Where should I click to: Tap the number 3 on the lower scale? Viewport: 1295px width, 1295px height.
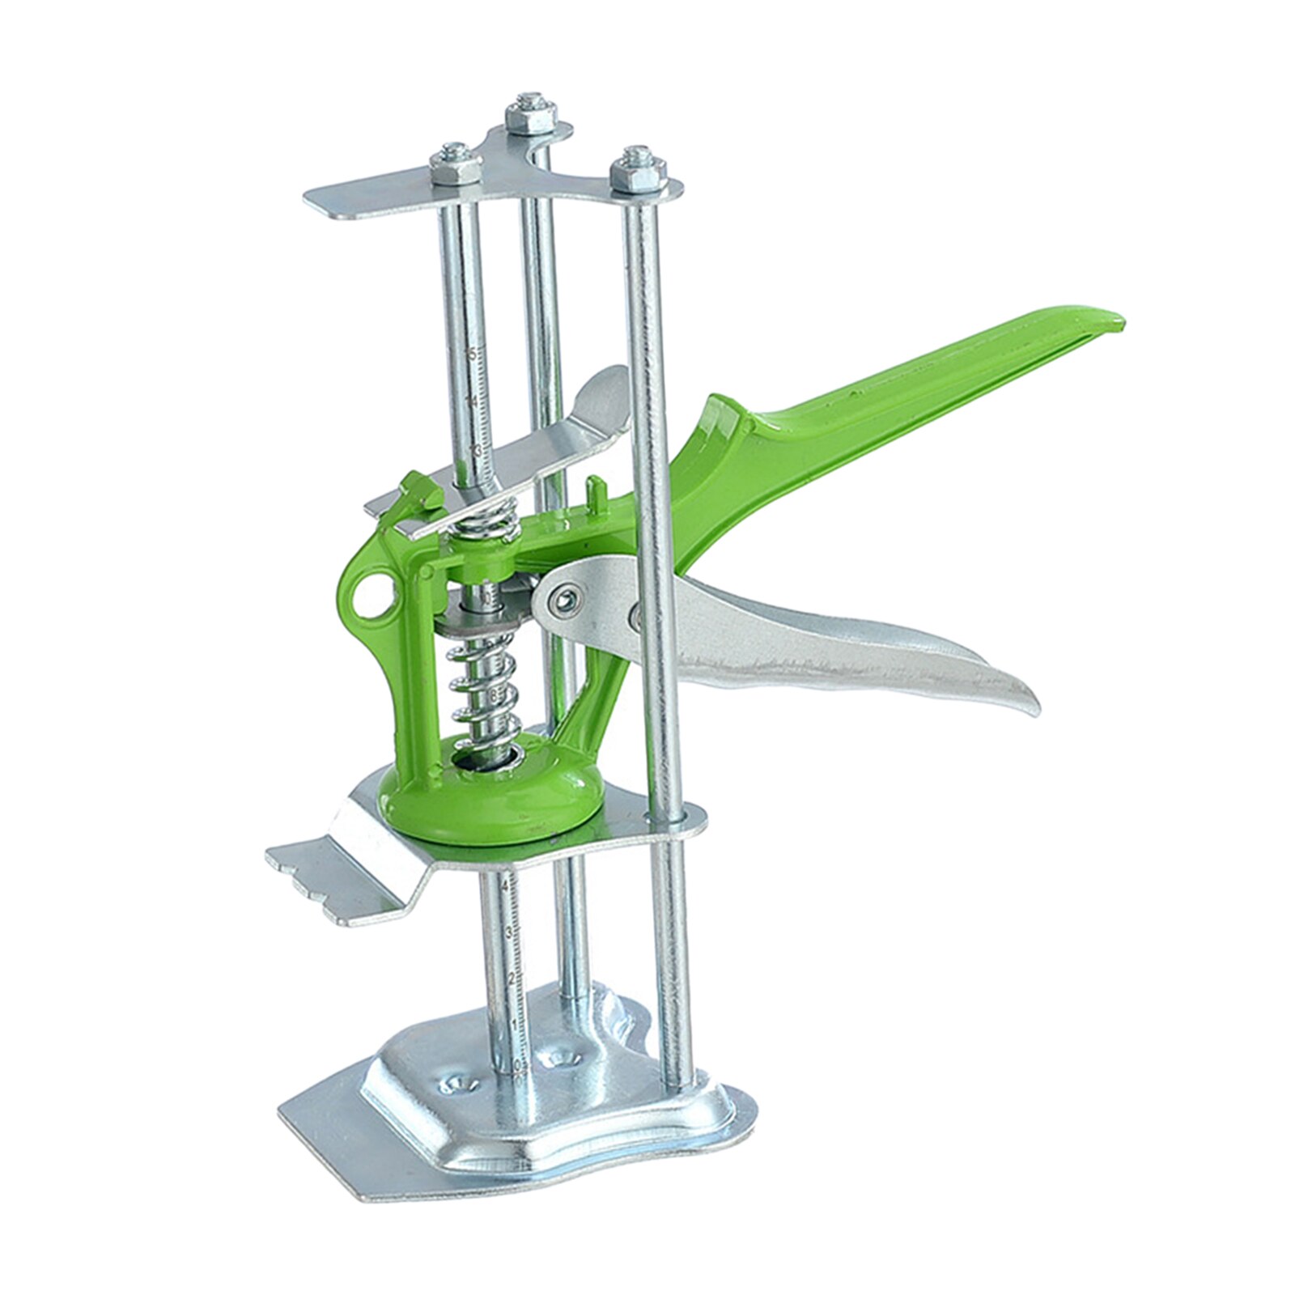click(x=508, y=932)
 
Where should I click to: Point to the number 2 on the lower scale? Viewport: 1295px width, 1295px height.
click(x=511, y=979)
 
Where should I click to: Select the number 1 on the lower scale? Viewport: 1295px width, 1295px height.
click(x=513, y=1023)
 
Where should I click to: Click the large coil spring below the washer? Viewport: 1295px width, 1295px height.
click(x=486, y=688)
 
